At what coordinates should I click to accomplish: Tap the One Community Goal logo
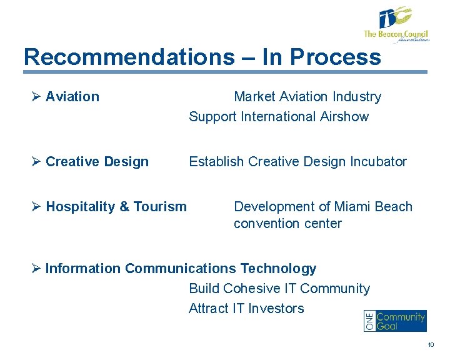[x=395, y=321]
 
